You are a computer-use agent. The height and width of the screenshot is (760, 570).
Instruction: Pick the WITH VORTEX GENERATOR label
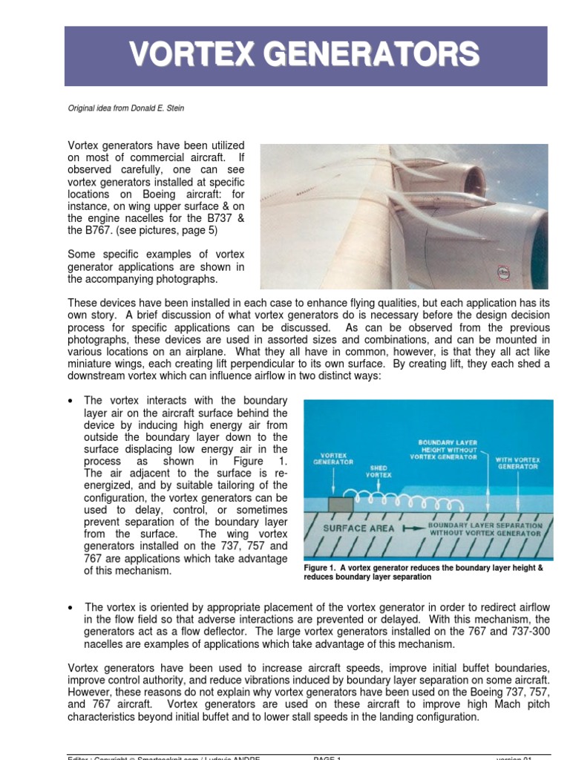[x=518, y=463]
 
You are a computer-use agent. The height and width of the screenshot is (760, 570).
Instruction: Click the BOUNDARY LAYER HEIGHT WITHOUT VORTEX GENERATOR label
[x=442, y=450]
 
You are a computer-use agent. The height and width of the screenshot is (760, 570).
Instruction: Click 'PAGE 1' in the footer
[x=327, y=757]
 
